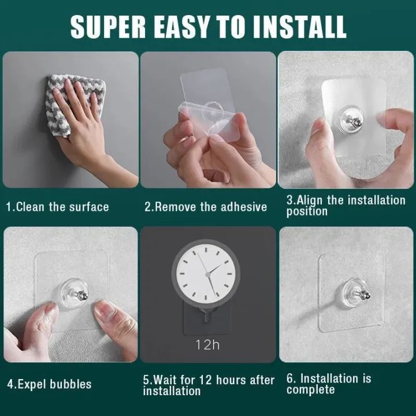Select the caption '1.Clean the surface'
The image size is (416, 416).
57,207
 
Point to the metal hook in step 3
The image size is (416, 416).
354,121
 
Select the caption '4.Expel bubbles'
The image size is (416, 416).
49,384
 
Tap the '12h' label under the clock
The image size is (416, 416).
207,345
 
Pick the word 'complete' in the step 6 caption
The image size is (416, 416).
310,390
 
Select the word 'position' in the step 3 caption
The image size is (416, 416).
307,211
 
